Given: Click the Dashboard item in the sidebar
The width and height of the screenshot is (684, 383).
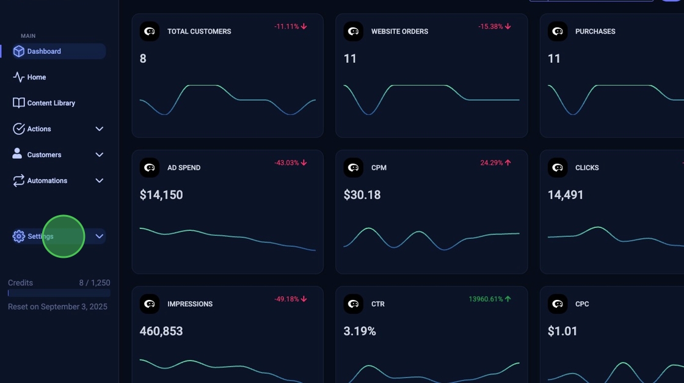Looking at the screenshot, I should [44, 51].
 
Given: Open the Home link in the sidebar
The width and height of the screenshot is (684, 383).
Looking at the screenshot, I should [36, 78].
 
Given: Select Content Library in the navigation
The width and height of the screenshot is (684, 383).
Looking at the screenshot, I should [51, 103].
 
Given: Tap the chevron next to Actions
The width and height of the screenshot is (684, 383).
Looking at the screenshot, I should [100, 129].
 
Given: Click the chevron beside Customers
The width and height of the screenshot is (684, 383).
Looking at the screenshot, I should [100, 155].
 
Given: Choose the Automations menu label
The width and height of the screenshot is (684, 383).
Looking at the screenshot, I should [47, 181].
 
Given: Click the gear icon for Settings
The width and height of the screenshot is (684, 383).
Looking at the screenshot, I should [19, 236].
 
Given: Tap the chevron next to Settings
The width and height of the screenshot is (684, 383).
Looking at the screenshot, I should [100, 236].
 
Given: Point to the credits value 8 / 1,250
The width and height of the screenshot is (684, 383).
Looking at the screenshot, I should [95, 283].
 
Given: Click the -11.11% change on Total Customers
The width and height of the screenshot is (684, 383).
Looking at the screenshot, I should [290, 27].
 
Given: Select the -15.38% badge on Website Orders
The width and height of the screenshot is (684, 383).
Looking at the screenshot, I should [494, 27].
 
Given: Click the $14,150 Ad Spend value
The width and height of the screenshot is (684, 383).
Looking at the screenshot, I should [161, 195].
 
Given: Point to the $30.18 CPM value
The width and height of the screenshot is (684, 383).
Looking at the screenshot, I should [362, 195].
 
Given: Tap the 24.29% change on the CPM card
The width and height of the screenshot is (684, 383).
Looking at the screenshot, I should [495, 163].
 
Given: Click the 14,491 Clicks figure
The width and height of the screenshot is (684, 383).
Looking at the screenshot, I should [566, 195].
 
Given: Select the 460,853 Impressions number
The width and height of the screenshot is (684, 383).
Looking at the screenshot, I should [161, 331].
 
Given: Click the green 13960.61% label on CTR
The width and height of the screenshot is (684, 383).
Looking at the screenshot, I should [489, 299].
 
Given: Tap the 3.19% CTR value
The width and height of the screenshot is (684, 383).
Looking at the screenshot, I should [360, 331].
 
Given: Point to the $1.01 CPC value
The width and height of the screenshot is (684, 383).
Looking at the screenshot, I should [562, 331].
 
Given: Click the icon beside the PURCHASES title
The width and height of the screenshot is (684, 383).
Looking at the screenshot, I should [558, 31].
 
